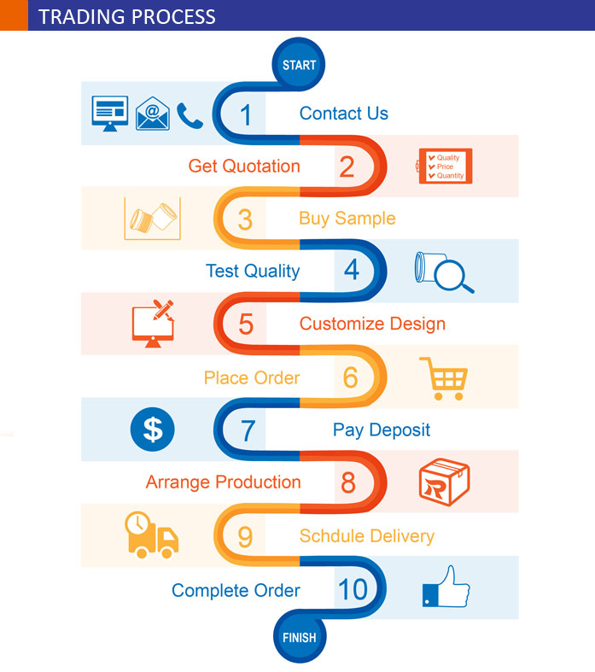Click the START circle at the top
point(299,65)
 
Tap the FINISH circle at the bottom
point(299,637)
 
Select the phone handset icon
point(189,114)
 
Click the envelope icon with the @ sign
point(152,113)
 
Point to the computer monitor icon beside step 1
point(109,114)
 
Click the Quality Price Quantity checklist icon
point(445,166)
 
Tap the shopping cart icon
point(444,378)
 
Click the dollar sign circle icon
point(153,429)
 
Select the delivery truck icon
point(152,537)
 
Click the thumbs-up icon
point(446,587)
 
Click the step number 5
point(246,324)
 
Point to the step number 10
point(352,589)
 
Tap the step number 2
point(346,167)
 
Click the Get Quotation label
point(244,166)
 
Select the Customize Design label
point(372,324)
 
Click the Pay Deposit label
point(381,429)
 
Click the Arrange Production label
point(223,482)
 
